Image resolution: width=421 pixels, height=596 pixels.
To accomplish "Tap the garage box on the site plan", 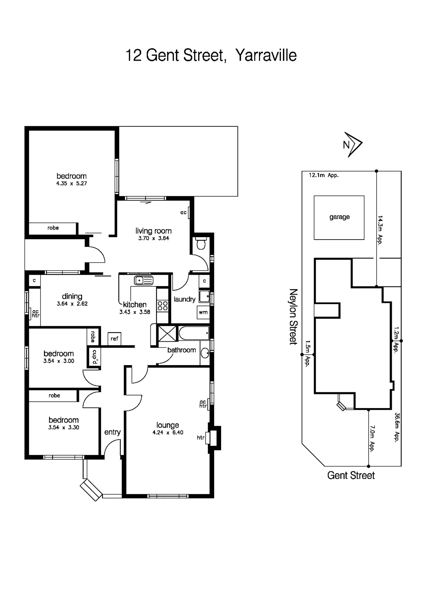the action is coord(339,217).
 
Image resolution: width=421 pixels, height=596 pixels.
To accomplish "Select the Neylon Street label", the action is coord(293,316).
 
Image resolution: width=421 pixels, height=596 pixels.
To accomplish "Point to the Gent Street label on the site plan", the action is coord(351,475).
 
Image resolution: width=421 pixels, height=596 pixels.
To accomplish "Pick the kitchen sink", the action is coord(143,280).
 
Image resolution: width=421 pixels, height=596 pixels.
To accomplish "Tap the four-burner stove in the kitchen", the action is coord(162,306).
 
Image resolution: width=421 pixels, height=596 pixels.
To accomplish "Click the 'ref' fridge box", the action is coord(114,339).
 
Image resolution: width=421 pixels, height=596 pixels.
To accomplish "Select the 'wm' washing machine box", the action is coord(203,312).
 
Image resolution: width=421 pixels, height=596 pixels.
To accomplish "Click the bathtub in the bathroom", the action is coord(194,333).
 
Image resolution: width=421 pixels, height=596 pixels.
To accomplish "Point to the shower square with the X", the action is coord(167,333).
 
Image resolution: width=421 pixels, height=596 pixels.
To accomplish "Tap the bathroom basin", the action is coord(205,353).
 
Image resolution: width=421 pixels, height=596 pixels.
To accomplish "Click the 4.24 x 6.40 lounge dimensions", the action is coord(168,433).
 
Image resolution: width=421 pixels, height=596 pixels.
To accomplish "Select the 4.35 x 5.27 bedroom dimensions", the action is coord(72,183).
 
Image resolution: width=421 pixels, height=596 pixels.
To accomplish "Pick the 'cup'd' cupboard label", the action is coord(94,357).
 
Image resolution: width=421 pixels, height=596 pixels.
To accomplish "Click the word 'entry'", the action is coord(112,432).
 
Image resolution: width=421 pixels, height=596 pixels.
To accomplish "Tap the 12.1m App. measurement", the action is coord(323,175).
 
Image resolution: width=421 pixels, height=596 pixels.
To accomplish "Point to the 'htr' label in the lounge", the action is coord(201,437).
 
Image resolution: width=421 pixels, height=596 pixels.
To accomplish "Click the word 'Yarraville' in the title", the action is coord(266,55).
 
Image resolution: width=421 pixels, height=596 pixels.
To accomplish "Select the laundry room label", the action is coord(184,299).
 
